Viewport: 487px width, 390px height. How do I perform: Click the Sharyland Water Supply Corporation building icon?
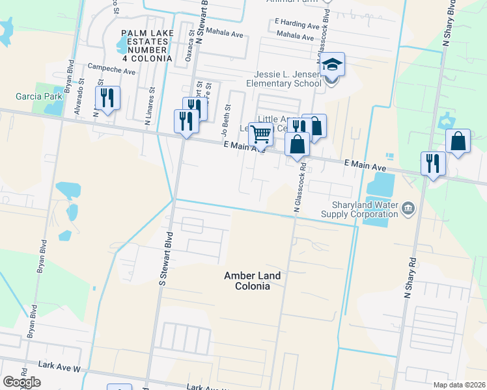408,208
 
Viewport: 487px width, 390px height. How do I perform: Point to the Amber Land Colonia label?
252,281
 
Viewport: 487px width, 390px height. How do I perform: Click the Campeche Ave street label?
111,67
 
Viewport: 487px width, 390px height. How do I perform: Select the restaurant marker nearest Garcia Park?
107,98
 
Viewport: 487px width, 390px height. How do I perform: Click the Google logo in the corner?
21,382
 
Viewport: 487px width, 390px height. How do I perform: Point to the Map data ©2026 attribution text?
458,385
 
